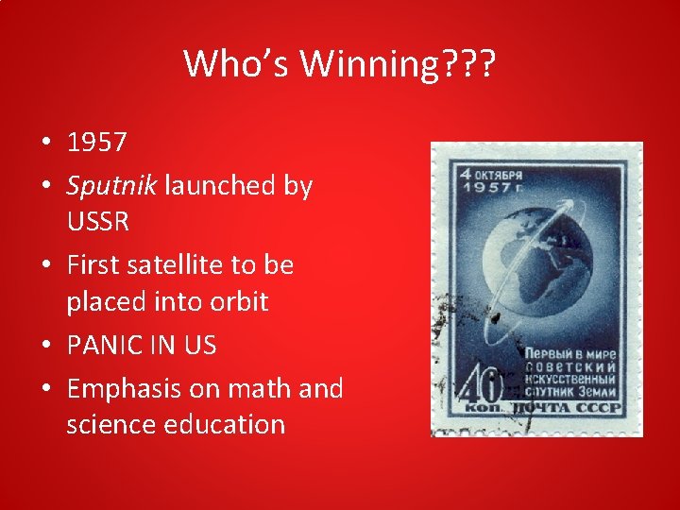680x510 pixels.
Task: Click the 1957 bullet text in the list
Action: tap(96, 143)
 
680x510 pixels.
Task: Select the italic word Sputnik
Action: tap(112, 185)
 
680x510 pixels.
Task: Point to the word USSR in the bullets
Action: tap(98, 223)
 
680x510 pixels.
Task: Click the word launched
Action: tap(222, 185)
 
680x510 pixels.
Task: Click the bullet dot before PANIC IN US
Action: tap(45, 347)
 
